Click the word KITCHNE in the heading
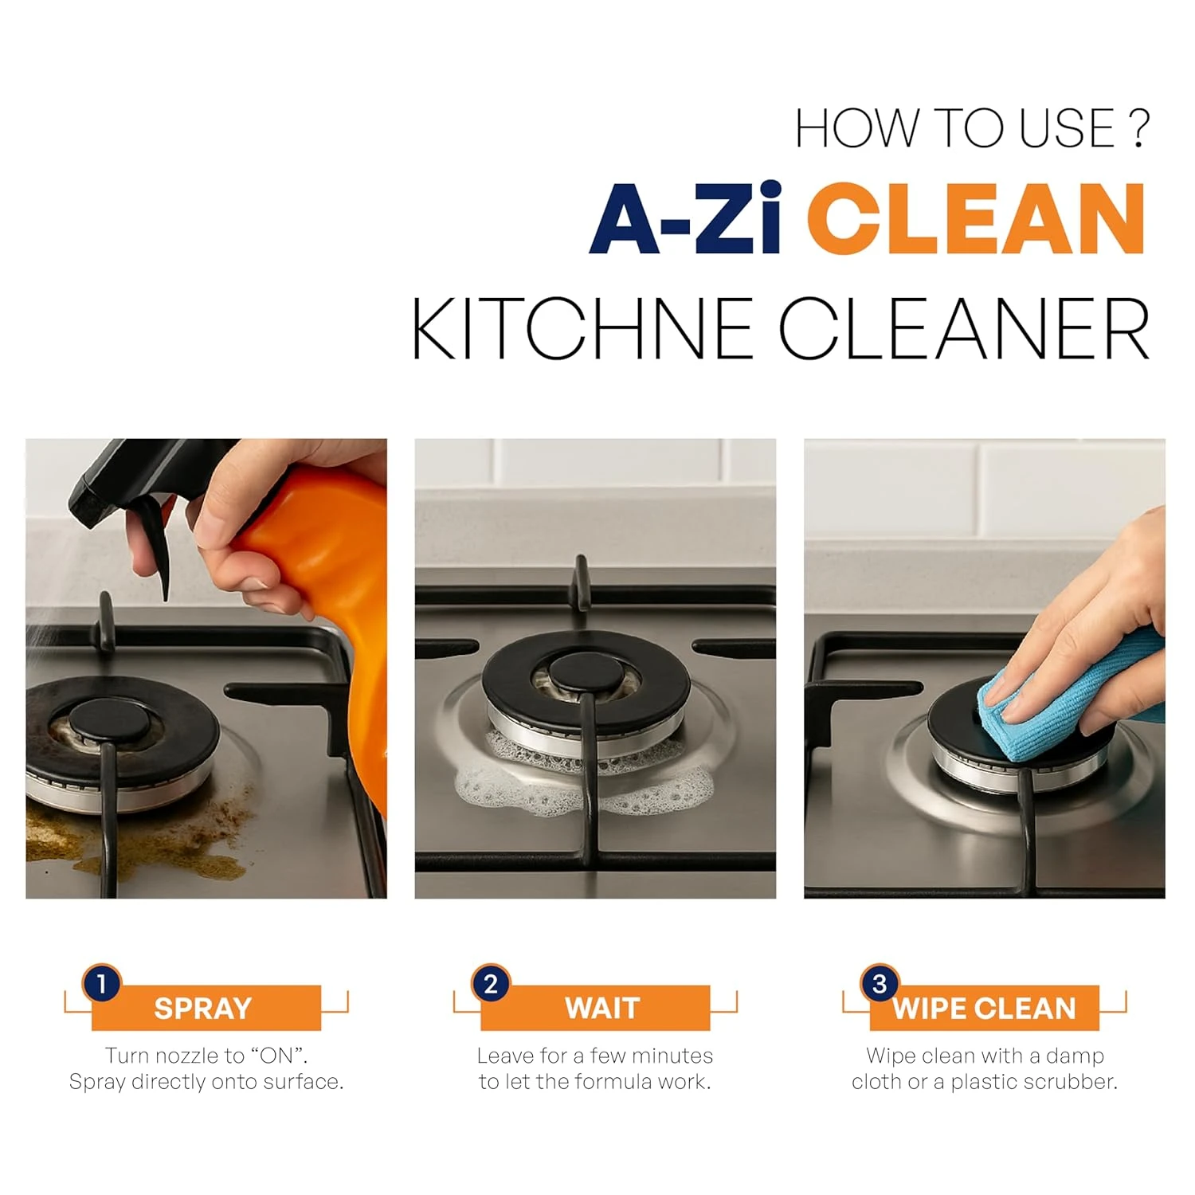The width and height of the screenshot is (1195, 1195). click(x=582, y=328)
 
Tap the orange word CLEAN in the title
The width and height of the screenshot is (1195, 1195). click(x=977, y=218)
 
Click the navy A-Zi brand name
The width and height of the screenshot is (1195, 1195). click(x=685, y=218)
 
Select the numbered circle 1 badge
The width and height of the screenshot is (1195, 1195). click(x=102, y=984)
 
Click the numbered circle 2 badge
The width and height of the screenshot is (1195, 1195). click(x=491, y=984)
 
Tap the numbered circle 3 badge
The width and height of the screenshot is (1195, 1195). click(x=880, y=984)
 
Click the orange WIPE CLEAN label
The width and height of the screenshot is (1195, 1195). click(x=984, y=1008)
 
